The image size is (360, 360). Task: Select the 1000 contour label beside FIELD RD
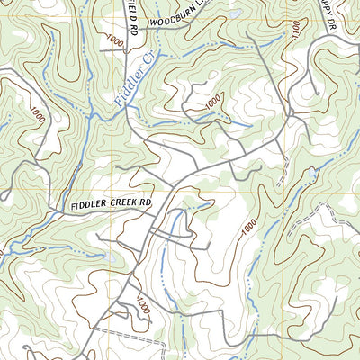click(x=113, y=40)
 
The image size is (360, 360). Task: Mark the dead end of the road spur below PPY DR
click(x=314, y=90)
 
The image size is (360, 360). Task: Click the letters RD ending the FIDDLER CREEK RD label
click(x=146, y=203)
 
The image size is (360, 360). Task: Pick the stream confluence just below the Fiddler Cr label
click(x=130, y=105)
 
